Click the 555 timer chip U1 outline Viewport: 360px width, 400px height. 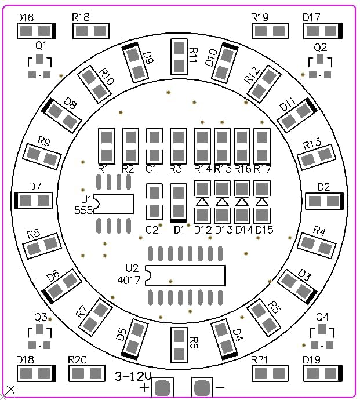tap(113, 203)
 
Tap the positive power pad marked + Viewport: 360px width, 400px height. tap(163, 387)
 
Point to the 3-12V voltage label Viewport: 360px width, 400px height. tap(133, 375)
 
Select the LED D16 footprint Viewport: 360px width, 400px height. tap(37, 31)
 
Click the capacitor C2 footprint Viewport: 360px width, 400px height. tap(154, 201)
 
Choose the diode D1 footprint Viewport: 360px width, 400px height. tap(179, 202)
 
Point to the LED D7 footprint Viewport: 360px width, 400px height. tap(34, 201)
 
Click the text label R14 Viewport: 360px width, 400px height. tap(202, 169)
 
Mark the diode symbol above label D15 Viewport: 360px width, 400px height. tap(263, 201)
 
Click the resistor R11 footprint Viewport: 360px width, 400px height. tap(179, 57)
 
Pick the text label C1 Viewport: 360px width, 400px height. tap(152, 169)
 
